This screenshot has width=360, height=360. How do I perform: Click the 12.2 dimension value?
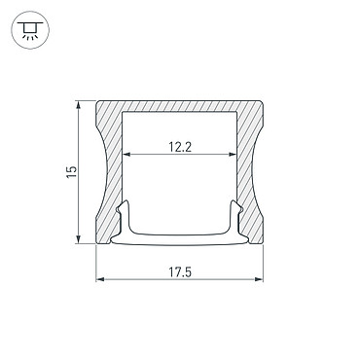tap(180, 147)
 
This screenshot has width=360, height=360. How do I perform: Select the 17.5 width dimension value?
tap(180, 271)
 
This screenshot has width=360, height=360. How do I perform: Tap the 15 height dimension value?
tap(72, 171)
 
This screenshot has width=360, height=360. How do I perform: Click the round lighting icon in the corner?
tap(30, 30)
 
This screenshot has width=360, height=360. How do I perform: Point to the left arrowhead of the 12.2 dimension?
tap(126, 154)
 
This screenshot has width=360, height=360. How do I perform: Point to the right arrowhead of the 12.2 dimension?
tap(233, 154)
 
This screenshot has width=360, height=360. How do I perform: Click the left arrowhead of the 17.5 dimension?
tap(100, 279)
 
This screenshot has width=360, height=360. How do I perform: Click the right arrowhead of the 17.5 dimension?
tap(259, 279)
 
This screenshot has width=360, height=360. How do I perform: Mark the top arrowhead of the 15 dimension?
tap(78, 105)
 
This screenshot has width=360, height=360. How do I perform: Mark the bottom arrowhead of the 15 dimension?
tap(78, 239)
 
